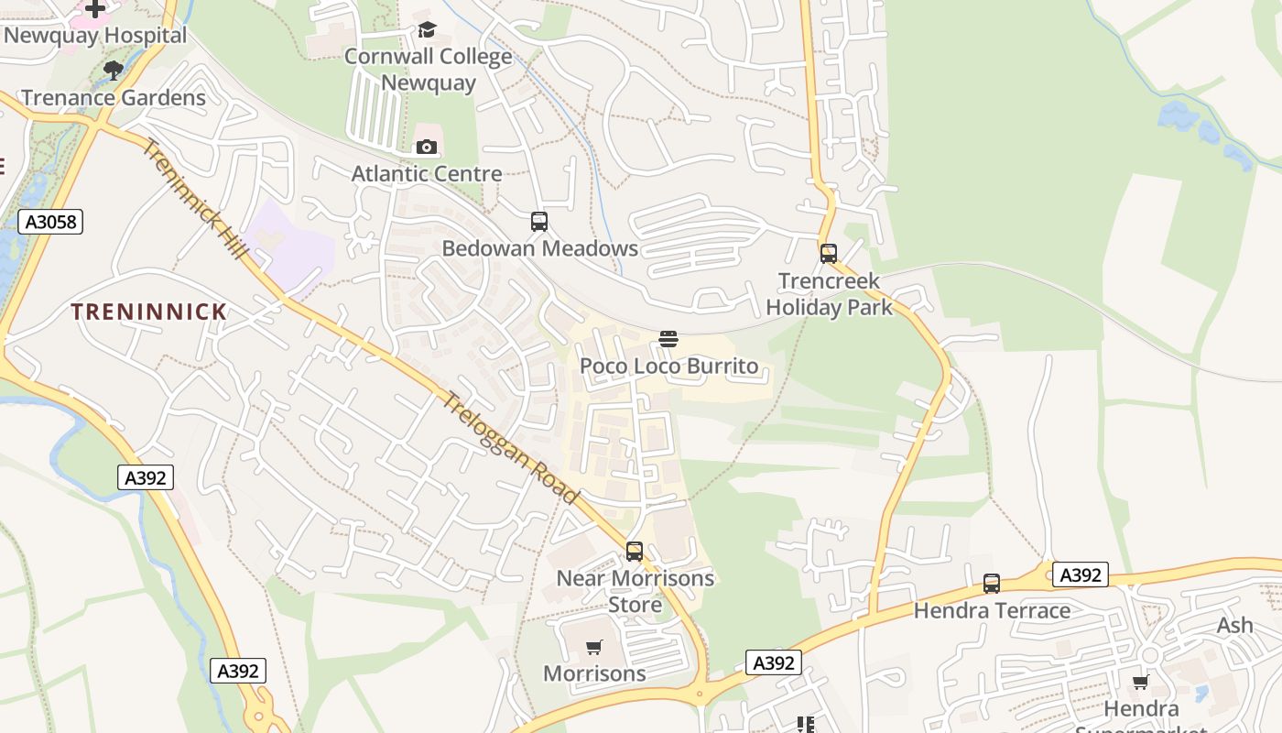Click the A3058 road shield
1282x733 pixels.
[50, 221]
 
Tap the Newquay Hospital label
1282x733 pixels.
[95, 36]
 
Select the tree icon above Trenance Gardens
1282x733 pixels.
[114, 71]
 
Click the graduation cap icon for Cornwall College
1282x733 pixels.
[427, 30]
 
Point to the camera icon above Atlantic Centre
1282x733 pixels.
[427, 147]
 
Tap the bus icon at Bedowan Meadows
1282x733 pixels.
[539, 222]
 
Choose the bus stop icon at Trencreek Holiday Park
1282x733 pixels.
[829, 254]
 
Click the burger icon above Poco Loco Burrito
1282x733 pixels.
[668, 340]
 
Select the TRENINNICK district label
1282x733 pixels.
[149, 312]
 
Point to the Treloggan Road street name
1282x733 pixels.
[512, 447]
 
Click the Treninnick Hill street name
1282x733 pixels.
[196, 200]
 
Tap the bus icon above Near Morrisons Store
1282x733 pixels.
[635, 552]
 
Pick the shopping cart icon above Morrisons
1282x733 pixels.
[594, 648]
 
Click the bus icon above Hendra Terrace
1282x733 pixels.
[992, 584]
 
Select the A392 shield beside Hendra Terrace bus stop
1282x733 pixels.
[1081, 574]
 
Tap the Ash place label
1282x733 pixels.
[1234, 625]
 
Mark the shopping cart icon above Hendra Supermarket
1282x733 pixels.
[1141, 682]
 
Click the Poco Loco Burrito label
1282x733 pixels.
[669, 366]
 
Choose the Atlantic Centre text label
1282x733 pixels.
[427, 173]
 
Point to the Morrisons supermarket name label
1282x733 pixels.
[594, 673]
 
